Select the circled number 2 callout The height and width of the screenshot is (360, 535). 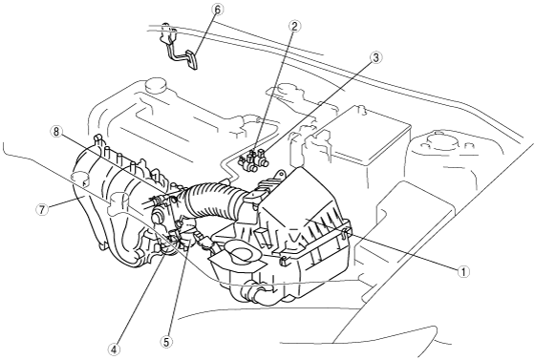pyautogui.click(x=294, y=27)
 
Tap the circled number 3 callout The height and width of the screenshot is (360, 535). pyautogui.click(x=374, y=58)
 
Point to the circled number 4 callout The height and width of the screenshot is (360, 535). pyautogui.click(x=115, y=349)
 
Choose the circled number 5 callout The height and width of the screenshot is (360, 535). pyautogui.click(x=167, y=342)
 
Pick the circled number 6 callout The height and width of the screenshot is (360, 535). pyautogui.click(x=218, y=10)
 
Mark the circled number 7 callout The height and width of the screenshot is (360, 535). pyautogui.click(x=42, y=209)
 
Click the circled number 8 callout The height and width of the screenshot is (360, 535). pyautogui.click(x=56, y=132)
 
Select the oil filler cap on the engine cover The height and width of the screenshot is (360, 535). pyautogui.click(x=155, y=86)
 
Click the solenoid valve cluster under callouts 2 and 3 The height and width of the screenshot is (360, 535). pyautogui.click(x=253, y=159)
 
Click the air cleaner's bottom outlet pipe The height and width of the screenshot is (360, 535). pyautogui.click(x=259, y=292)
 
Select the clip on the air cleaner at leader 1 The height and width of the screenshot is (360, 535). pyautogui.click(x=345, y=231)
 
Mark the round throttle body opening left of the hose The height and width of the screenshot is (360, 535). pyautogui.click(x=158, y=217)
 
